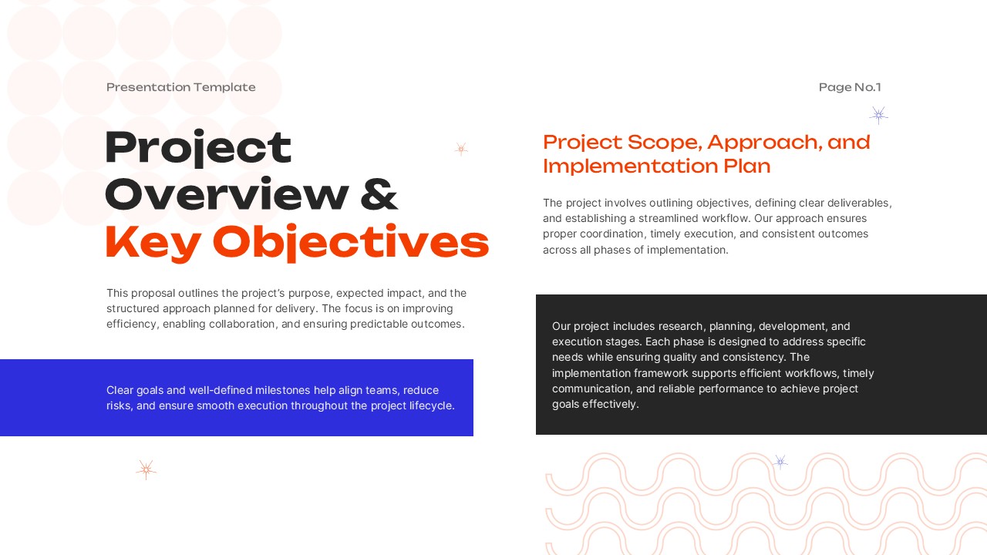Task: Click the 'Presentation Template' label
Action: (180, 87)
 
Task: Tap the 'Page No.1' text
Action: (849, 87)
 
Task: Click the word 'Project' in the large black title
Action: (198, 148)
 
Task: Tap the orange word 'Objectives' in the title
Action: (351, 242)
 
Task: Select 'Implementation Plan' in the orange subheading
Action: (656, 166)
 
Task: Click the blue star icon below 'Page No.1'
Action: (878, 116)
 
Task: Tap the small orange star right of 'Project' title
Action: (461, 149)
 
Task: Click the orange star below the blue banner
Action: (146, 469)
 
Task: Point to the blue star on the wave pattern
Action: (780, 462)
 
